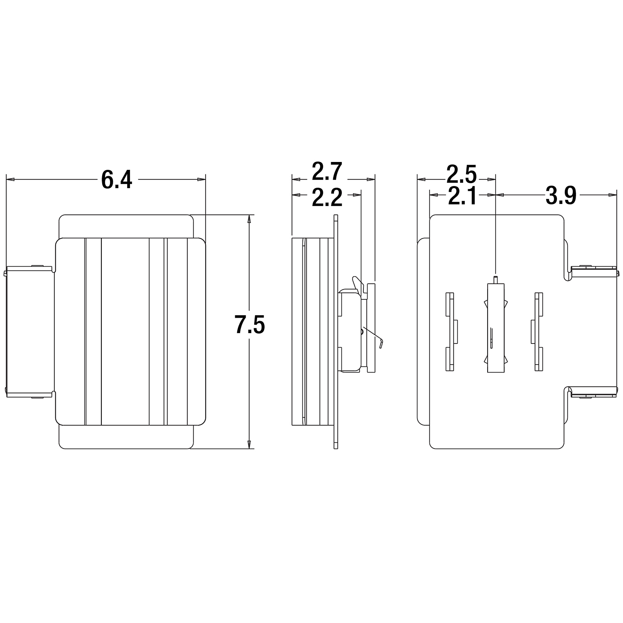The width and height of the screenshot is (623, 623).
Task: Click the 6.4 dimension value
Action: tap(117, 180)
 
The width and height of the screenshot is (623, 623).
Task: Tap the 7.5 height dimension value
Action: tap(250, 324)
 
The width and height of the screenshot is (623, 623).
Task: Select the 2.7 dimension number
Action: tap(327, 172)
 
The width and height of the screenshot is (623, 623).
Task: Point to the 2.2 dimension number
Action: tap(327, 197)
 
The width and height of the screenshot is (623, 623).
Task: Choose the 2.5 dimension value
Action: tap(461, 174)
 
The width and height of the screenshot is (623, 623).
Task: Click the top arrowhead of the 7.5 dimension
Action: tap(249, 219)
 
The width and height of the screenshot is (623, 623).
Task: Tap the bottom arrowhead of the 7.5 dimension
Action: tap(249, 445)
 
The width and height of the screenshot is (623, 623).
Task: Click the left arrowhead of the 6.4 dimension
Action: tap(10, 179)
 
